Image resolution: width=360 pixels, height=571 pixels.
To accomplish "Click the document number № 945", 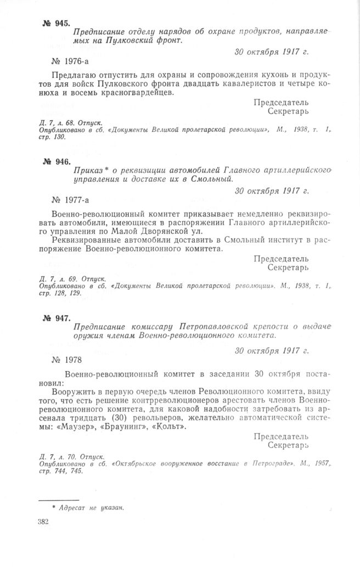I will pos(56,23).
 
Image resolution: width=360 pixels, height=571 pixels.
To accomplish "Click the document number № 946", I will pos(56,161).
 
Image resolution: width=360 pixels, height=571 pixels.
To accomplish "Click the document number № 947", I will pos(56,318).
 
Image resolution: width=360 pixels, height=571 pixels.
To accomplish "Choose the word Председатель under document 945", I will pos(281,102).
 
